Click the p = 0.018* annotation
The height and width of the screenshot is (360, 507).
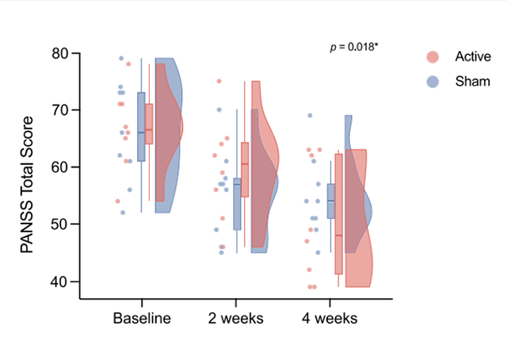click(354, 48)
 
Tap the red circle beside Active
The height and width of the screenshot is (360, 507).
click(432, 56)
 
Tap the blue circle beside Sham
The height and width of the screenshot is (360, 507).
click(432, 81)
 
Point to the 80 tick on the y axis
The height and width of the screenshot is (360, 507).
click(59, 53)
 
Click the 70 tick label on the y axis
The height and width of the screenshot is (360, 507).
click(59, 110)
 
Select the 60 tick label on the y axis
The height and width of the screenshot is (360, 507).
click(59, 167)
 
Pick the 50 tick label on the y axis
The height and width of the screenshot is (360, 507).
click(59, 224)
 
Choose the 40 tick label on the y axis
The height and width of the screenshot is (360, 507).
click(59, 281)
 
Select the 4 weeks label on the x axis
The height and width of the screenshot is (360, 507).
click(330, 319)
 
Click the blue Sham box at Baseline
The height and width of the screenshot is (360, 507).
click(141, 127)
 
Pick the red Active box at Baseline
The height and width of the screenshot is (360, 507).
click(149, 124)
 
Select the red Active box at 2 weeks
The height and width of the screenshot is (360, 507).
click(245, 170)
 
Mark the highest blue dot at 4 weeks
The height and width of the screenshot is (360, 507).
click(310, 116)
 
